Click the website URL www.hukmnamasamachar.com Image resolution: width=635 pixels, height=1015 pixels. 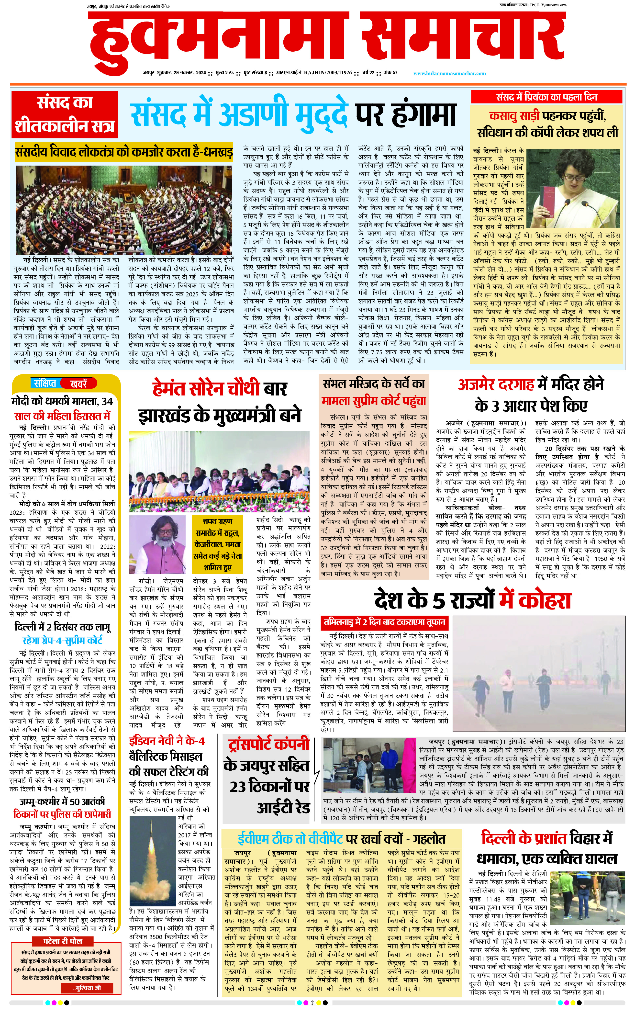click(x=449, y=74)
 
